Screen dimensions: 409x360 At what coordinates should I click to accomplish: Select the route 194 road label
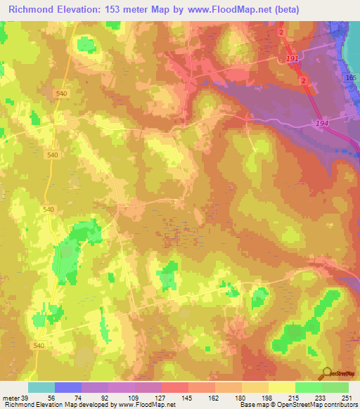click(x=322, y=123)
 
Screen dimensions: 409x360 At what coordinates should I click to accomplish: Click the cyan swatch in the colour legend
click(x=41, y=388)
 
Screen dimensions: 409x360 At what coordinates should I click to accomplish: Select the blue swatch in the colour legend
click(x=68, y=388)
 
